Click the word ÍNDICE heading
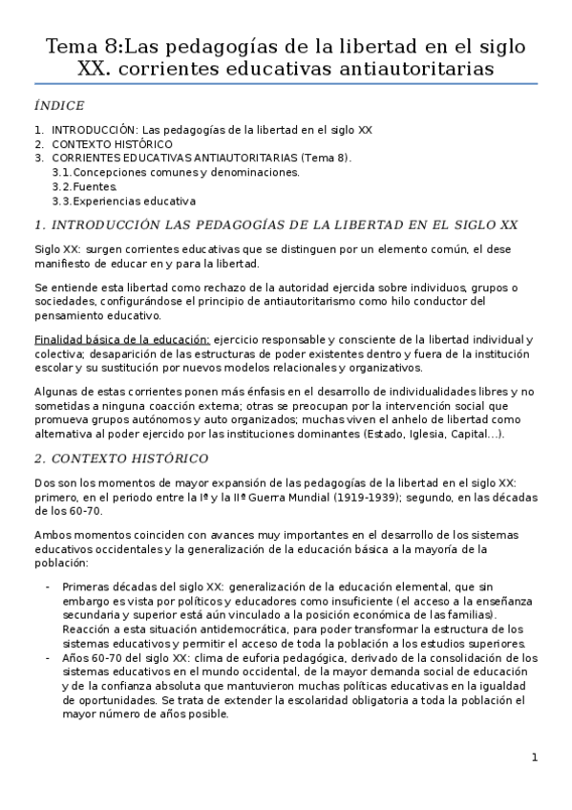point(58,105)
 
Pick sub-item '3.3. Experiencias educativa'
point(124,202)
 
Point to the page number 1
point(535,757)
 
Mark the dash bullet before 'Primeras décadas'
point(49,586)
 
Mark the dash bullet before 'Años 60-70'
point(49,658)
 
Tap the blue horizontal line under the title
point(286,84)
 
